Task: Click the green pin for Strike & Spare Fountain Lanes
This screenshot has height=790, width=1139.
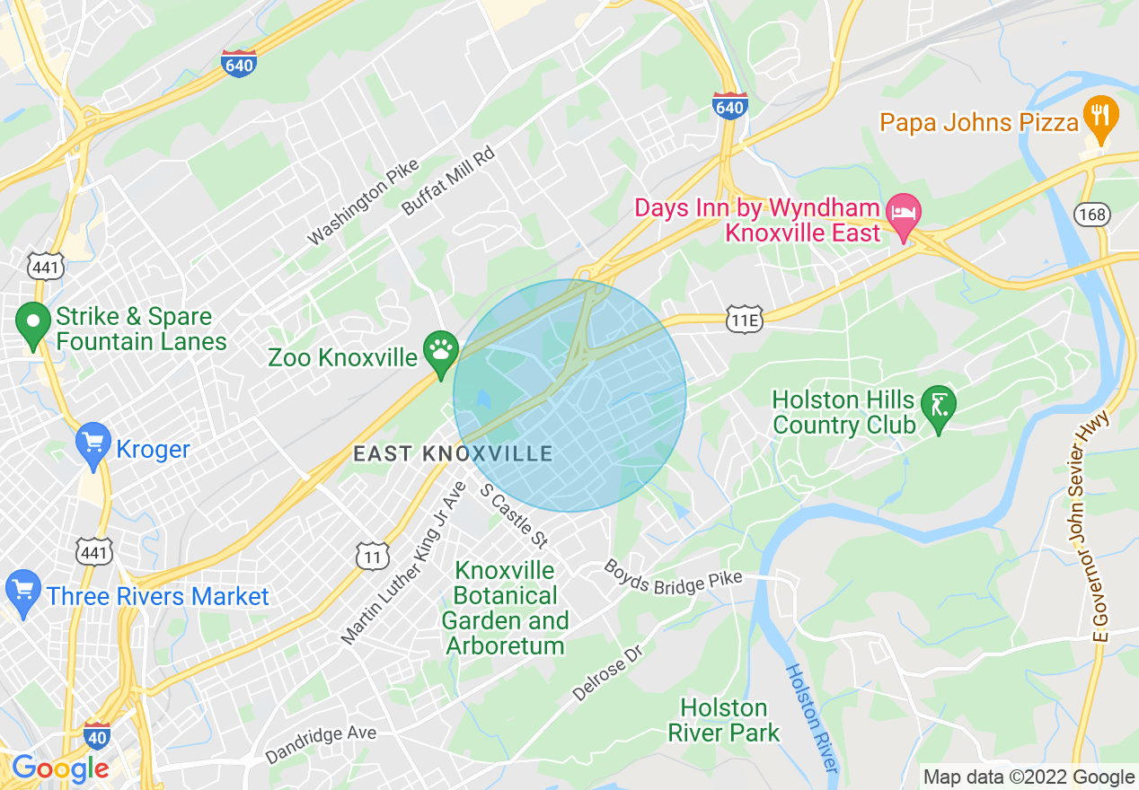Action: (x=33, y=326)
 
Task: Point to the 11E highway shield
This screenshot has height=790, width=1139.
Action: (x=745, y=319)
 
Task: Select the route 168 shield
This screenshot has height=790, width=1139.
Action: (x=1091, y=215)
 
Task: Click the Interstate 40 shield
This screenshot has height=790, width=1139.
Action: (x=98, y=735)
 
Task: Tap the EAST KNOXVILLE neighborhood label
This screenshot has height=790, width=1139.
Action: (x=453, y=453)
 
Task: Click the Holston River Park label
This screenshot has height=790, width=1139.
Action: (x=723, y=721)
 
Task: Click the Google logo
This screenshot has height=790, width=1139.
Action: (x=60, y=768)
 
